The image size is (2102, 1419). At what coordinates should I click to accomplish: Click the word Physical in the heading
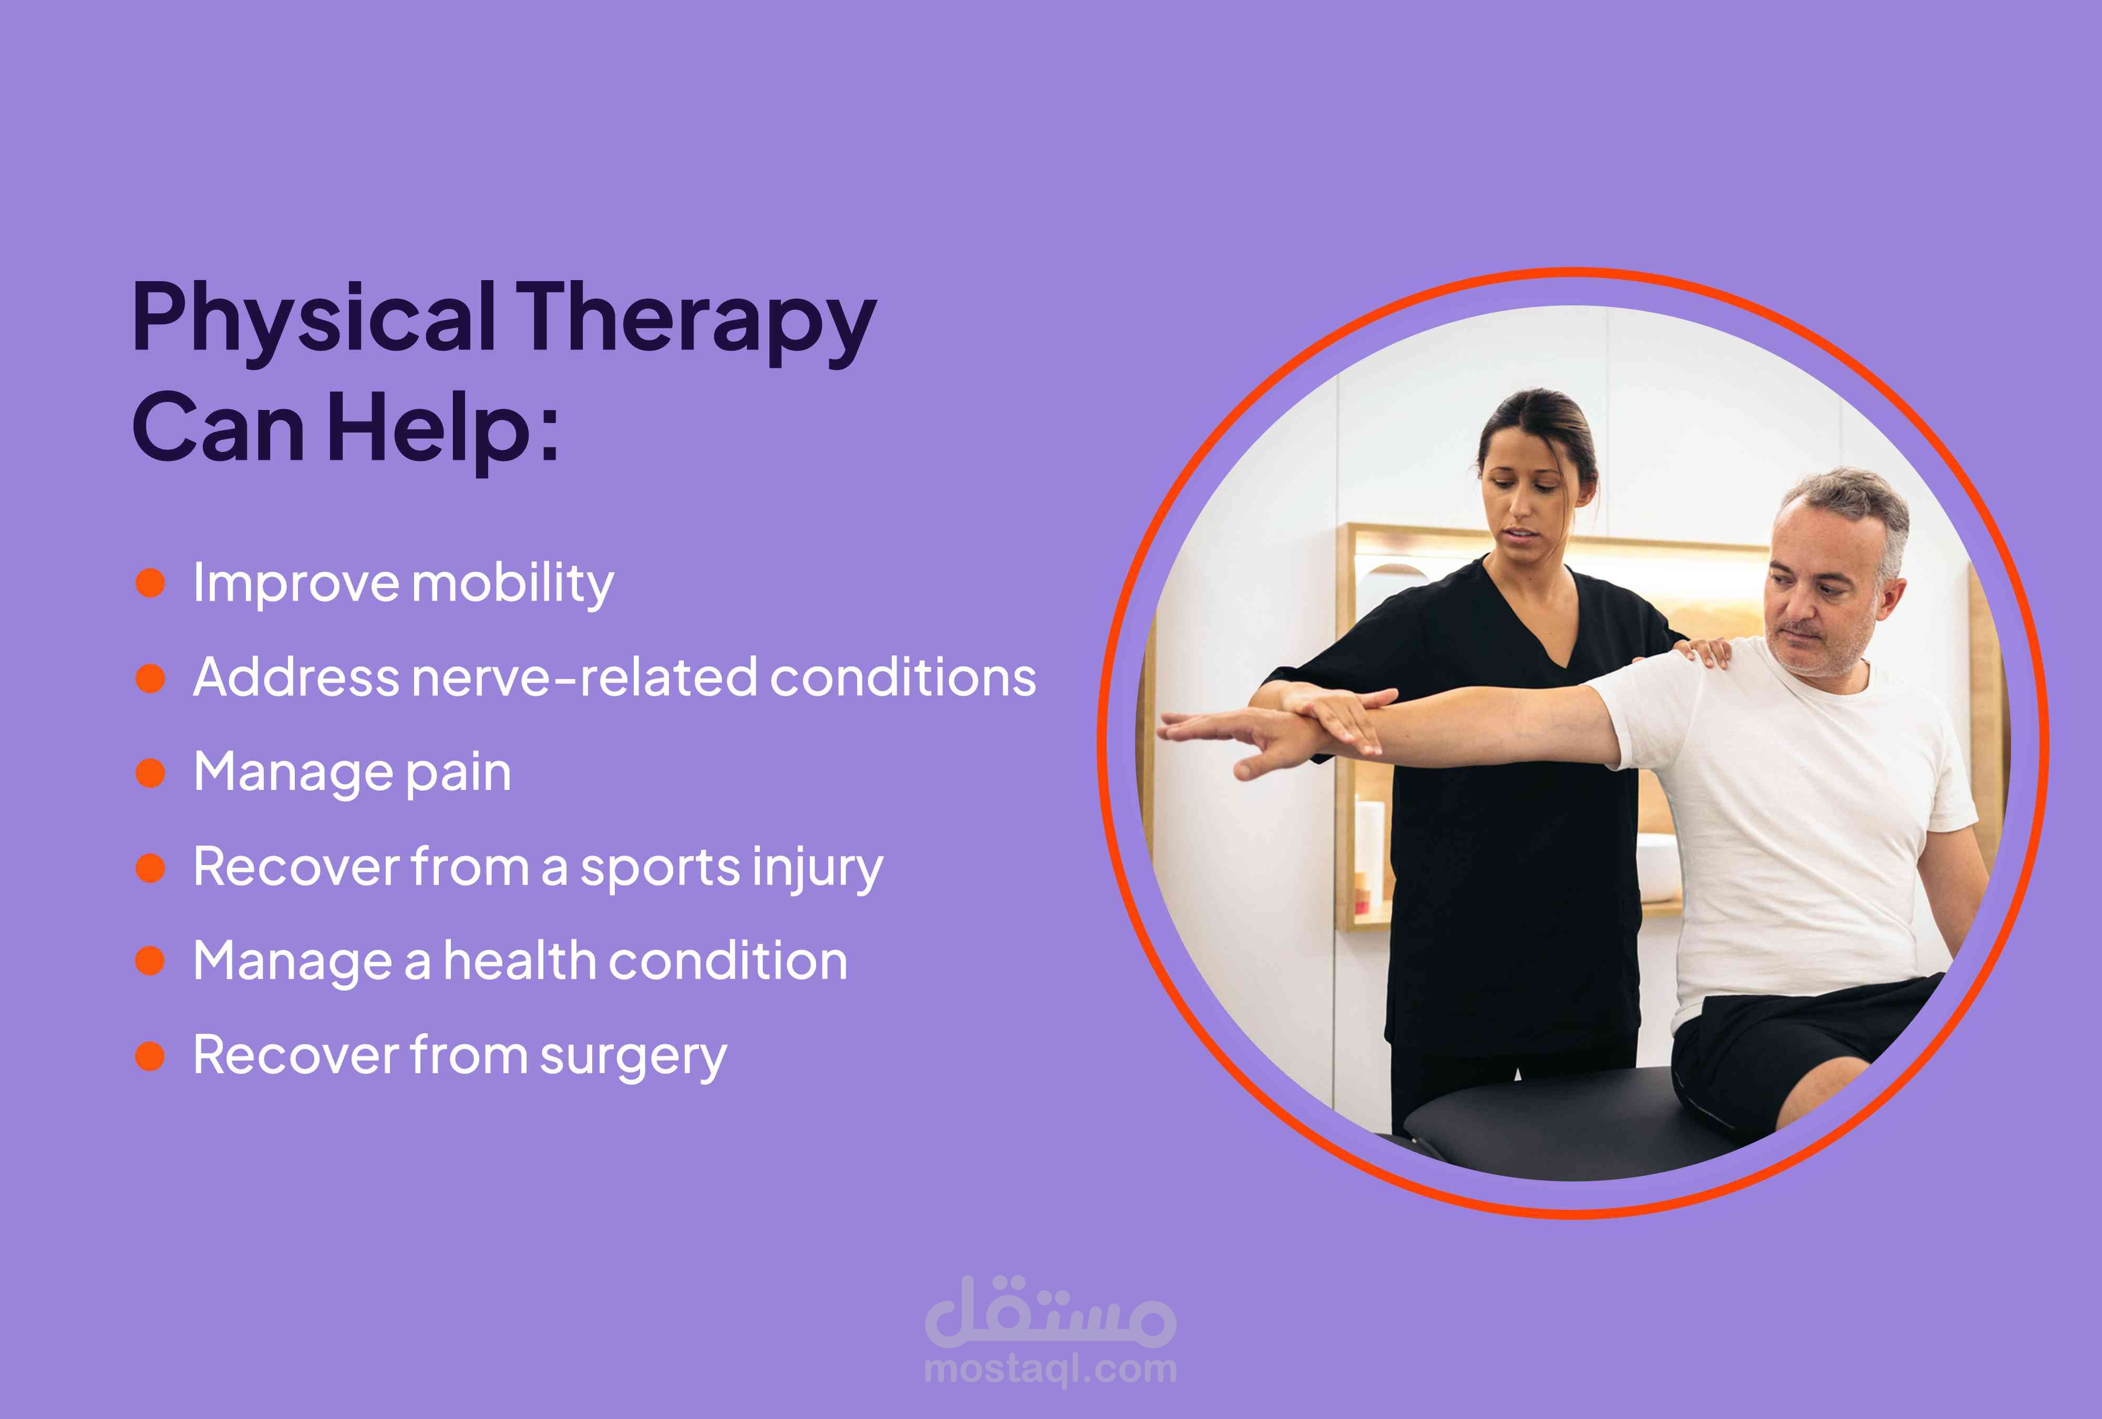point(315,319)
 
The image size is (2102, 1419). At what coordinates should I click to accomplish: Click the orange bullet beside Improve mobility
point(150,583)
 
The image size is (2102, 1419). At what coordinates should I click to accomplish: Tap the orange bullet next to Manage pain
point(150,773)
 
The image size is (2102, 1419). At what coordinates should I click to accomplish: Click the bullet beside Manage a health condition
point(150,961)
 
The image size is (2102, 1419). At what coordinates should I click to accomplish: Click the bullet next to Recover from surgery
point(150,1056)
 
